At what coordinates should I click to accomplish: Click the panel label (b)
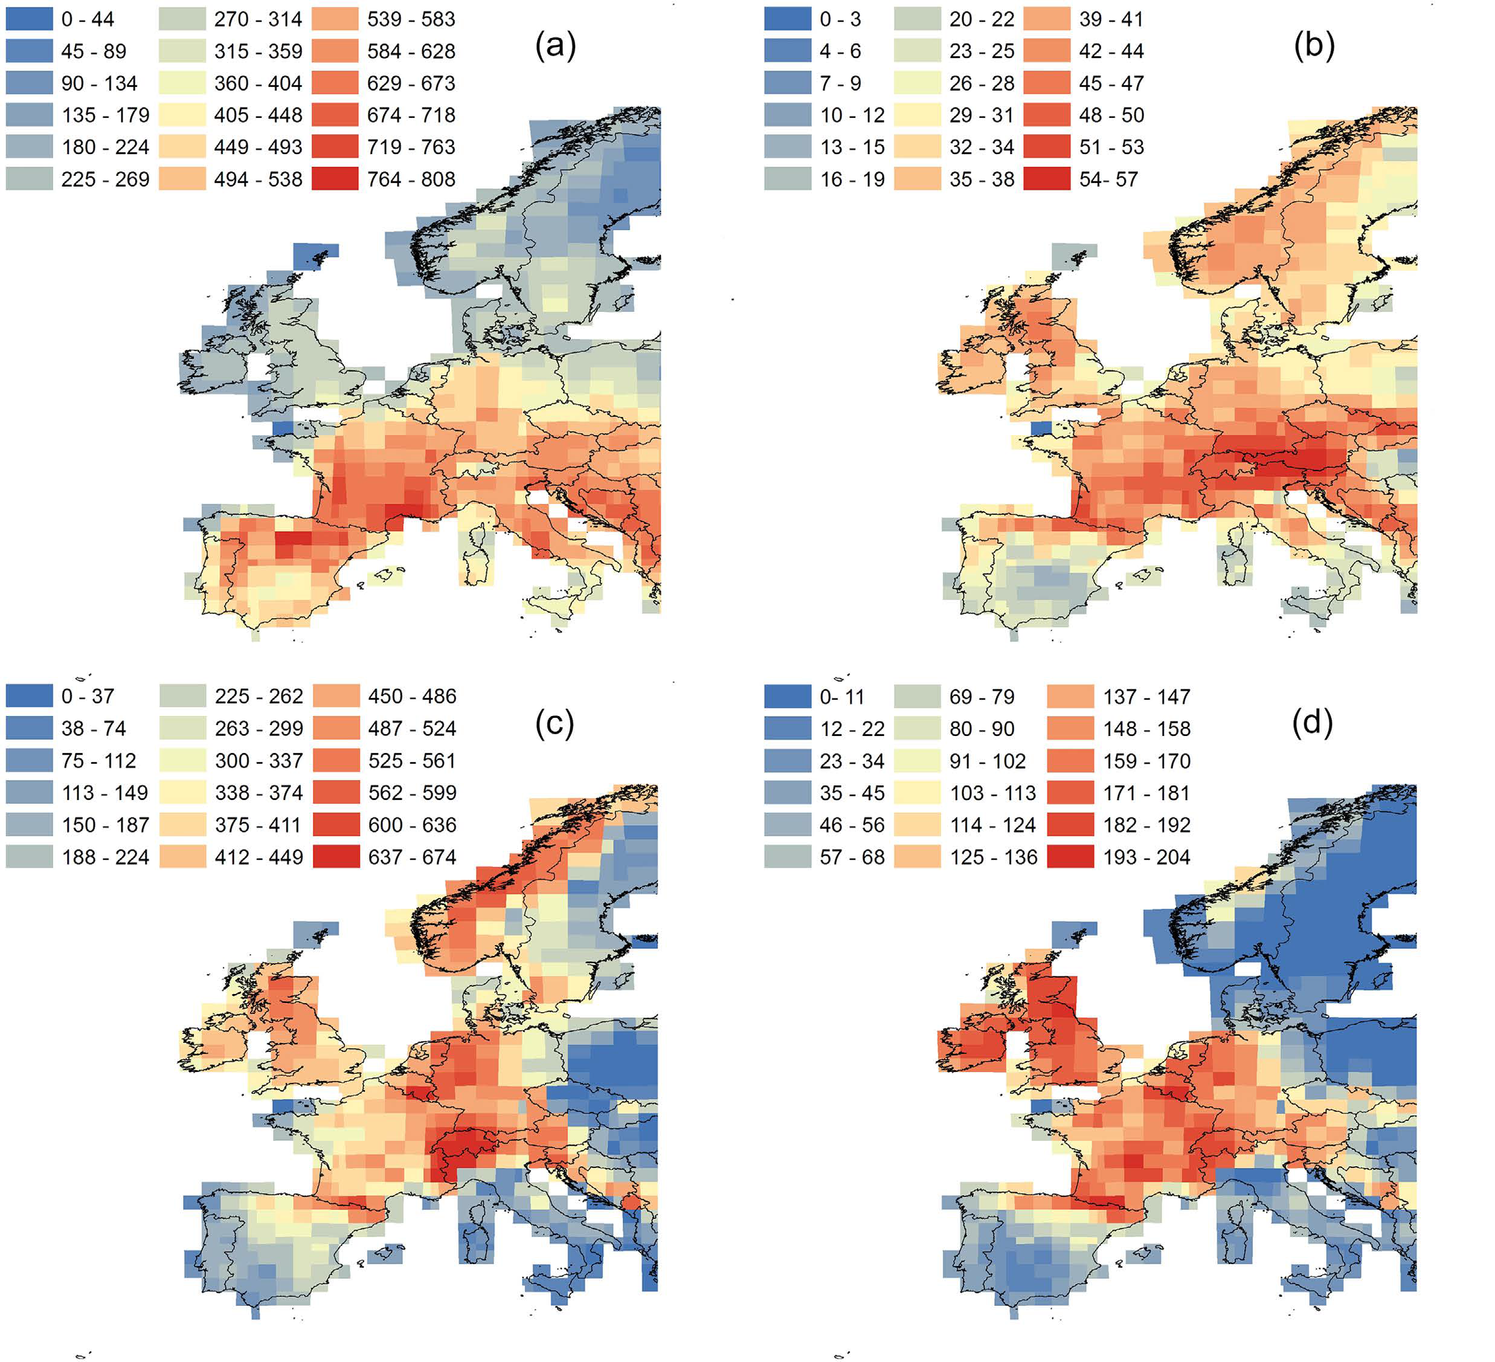point(1314,47)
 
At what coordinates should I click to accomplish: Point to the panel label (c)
point(555,724)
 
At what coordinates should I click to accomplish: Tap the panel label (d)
point(1313,723)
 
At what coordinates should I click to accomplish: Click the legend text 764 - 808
point(411,179)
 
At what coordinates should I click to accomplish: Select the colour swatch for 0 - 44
point(30,19)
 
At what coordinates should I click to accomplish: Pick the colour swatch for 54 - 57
point(1047,179)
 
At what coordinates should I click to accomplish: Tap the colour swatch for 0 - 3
point(788,19)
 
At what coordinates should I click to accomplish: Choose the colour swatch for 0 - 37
point(30,697)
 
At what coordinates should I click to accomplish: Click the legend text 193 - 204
point(1146,857)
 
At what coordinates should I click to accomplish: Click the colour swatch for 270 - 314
point(182,19)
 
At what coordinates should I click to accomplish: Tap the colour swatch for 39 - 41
point(1047,19)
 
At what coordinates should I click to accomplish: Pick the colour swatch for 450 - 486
point(336,697)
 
